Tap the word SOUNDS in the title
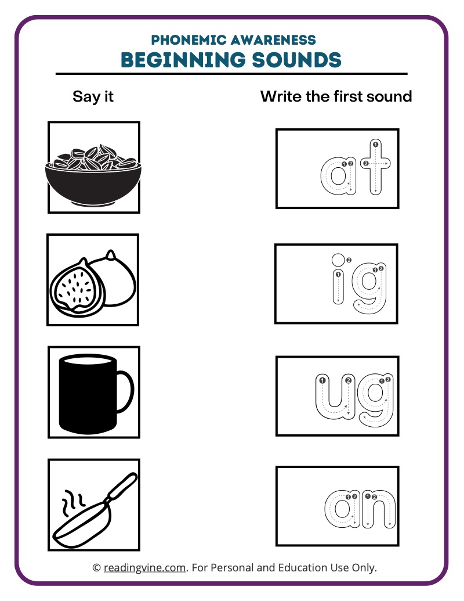click(x=296, y=60)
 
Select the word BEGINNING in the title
click(x=183, y=60)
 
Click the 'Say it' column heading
click(x=93, y=96)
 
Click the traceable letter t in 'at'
click(x=375, y=166)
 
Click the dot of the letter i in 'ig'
click(x=338, y=260)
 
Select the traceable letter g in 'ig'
click(x=369, y=287)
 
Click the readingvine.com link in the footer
click(x=145, y=567)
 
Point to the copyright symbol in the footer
click(x=96, y=568)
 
